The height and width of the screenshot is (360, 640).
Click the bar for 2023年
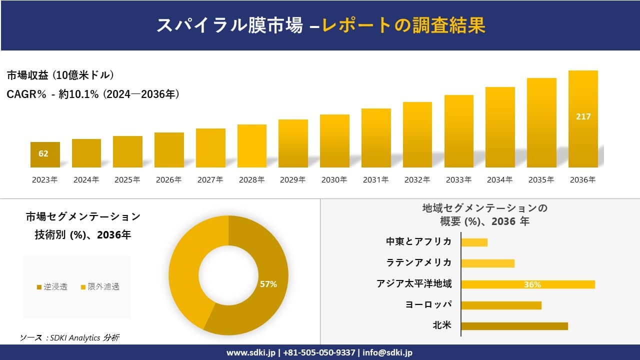pyautogui.click(x=45, y=155)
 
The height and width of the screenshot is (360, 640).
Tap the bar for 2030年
pyautogui.click(x=334, y=141)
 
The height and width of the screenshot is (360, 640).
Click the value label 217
pyautogui.click(x=583, y=116)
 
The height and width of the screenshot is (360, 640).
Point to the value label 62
pyautogui.click(x=43, y=153)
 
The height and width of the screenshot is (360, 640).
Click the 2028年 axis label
pyautogui.click(x=251, y=180)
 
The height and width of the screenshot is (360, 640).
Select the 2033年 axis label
pyautogui.click(x=458, y=180)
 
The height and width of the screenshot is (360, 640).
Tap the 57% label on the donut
pyautogui.click(x=268, y=284)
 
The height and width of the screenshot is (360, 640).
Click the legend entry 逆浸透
pyautogui.click(x=52, y=286)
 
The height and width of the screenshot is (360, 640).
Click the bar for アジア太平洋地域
pyautogui.click(x=527, y=284)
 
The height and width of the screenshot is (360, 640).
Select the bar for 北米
pyautogui.click(x=514, y=326)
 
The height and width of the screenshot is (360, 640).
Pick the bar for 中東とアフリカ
pyautogui.click(x=474, y=242)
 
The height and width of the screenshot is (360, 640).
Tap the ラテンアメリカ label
pyautogui.click(x=418, y=262)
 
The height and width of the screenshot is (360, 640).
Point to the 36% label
pyautogui.click(x=532, y=284)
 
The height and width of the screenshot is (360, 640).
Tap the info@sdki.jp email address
pyautogui.click(x=387, y=352)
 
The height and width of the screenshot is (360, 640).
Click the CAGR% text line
pyautogui.click(x=93, y=94)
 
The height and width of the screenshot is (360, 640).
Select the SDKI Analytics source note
pyautogui.click(x=69, y=338)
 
